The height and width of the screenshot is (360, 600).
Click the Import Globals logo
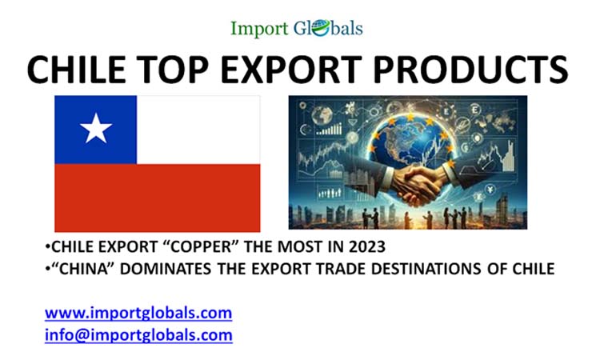297,28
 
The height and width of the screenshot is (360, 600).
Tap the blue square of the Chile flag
95,129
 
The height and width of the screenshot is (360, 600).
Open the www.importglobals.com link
138,312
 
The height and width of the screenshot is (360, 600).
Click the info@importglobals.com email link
138,334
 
